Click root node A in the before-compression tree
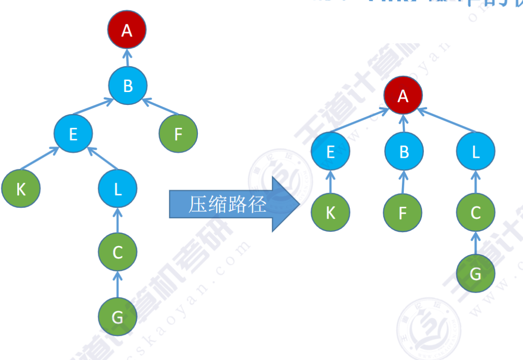click(x=126, y=31)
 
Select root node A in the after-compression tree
click(x=403, y=96)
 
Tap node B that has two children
click(x=128, y=86)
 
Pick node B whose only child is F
click(x=404, y=152)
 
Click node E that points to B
click(x=73, y=134)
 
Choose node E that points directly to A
click(x=330, y=152)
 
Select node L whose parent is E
click(x=118, y=189)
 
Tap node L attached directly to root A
click(x=475, y=152)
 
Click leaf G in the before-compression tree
click(x=118, y=316)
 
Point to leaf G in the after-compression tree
click(x=475, y=274)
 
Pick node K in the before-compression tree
click(x=21, y=189)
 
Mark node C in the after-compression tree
click(x=475, y=213)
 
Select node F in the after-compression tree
click(x=403, y=213)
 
